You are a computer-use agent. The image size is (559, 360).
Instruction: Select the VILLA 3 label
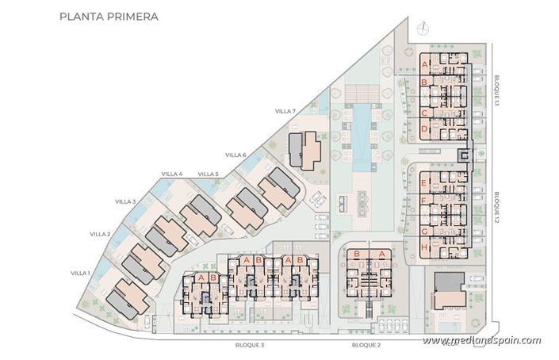tap(125, 201)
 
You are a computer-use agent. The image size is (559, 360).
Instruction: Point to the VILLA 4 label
tap(171, 174)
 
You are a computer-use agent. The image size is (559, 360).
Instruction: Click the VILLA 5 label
tap(208, 174)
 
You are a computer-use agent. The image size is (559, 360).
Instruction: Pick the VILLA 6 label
tap(235, 155)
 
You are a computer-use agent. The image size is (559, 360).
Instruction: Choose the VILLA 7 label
tap(285, 112)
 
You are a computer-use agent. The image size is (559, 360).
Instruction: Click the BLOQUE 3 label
tap(250, 346)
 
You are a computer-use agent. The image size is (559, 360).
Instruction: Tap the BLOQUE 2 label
tap(366, 346)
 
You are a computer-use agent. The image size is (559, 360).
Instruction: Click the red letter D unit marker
tap(425, 128)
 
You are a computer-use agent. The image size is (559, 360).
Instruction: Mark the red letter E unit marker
tap(425, 182)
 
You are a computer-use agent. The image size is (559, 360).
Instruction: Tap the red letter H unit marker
tap(425, 247)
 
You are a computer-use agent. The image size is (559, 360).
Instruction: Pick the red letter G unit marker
tap(425, 231)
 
